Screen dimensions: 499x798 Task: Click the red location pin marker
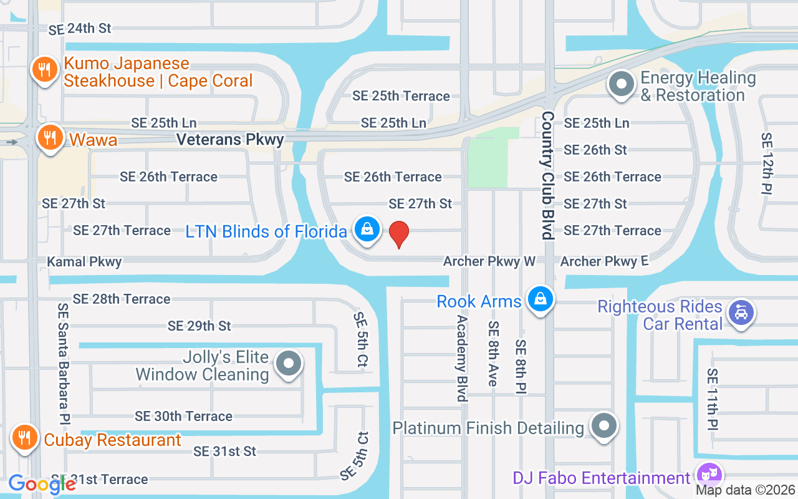(x=399, y=234)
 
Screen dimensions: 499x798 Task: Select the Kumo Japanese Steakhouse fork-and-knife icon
(x=44, y=70)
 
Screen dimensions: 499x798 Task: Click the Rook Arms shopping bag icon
(x=539, y=300)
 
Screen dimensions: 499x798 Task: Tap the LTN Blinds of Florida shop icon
(x=368, y=230)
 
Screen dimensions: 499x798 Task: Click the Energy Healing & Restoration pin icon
(x=622, y=85)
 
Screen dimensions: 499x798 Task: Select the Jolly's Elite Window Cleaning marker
(x=289, y=364)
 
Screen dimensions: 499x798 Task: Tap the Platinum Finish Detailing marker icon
(x=603, y=427)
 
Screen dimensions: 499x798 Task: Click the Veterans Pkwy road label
(x=230, y=140)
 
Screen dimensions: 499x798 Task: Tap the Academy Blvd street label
(x=462, y=358)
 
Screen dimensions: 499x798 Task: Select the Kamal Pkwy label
(x=85, y=261)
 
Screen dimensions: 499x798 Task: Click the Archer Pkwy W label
(x=489, y=261)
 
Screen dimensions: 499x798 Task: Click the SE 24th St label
(x=80, y=29)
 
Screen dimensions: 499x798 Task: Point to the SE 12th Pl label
(x=767, y=163)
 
